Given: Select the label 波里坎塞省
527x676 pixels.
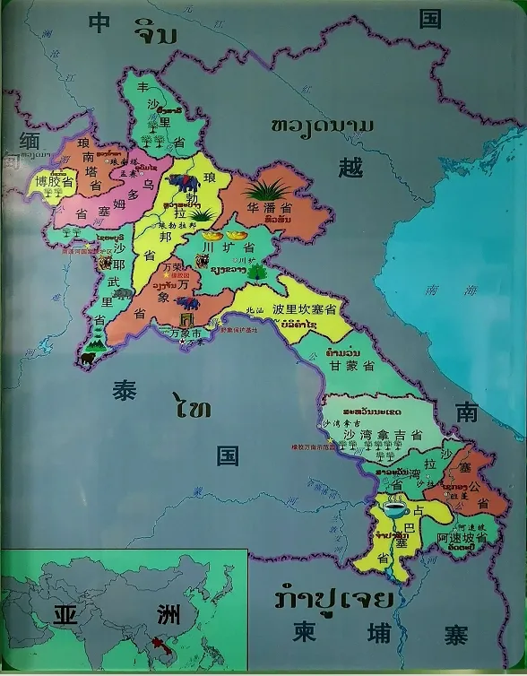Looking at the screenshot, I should (x=304, y=308).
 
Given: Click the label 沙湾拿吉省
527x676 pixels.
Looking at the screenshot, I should (x=376, y=435).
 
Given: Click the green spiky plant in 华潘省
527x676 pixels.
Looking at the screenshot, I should (x=268, y=191).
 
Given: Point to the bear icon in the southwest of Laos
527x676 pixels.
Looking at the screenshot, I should (x=88, y=359).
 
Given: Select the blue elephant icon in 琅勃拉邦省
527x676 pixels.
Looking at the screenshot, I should (x=186, y=185).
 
